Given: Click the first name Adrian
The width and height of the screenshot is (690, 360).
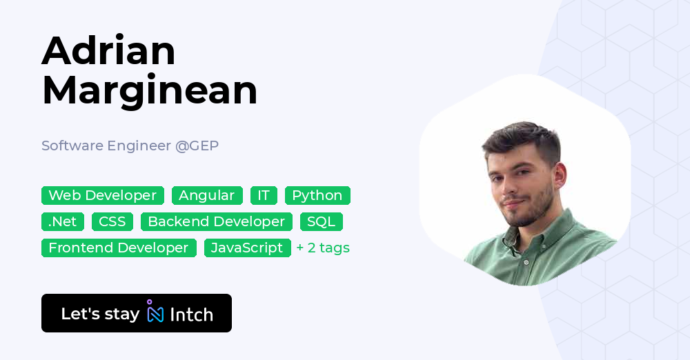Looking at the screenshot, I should tap(109, 51).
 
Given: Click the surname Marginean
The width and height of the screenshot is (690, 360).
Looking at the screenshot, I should tap(150, 90).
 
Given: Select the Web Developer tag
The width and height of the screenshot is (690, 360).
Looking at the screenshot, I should tap(103, 195).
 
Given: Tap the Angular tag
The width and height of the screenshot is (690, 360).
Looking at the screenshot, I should tap(207, 195).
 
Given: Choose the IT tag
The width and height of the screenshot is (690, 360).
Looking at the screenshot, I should tap(264, 195).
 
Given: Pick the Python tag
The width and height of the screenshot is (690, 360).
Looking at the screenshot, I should tap(317, 195).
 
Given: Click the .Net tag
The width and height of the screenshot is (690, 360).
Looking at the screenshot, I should tap(63, 221).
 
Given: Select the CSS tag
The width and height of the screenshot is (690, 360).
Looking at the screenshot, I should tap(112, 221).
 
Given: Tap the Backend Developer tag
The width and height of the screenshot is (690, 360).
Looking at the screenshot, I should tap(216, 221).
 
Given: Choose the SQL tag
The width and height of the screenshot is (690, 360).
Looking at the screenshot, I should tap(321, 221).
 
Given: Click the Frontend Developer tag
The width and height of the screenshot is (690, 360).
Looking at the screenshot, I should tap(119, 248).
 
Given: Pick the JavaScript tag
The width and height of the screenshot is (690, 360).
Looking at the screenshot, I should tap(247, 248).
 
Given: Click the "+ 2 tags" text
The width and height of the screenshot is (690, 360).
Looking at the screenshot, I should tap(323, 248).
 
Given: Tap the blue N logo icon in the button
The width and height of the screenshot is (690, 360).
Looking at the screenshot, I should tap(155, 314).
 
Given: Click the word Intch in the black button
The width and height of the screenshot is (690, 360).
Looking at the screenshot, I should tap(191, 314).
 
